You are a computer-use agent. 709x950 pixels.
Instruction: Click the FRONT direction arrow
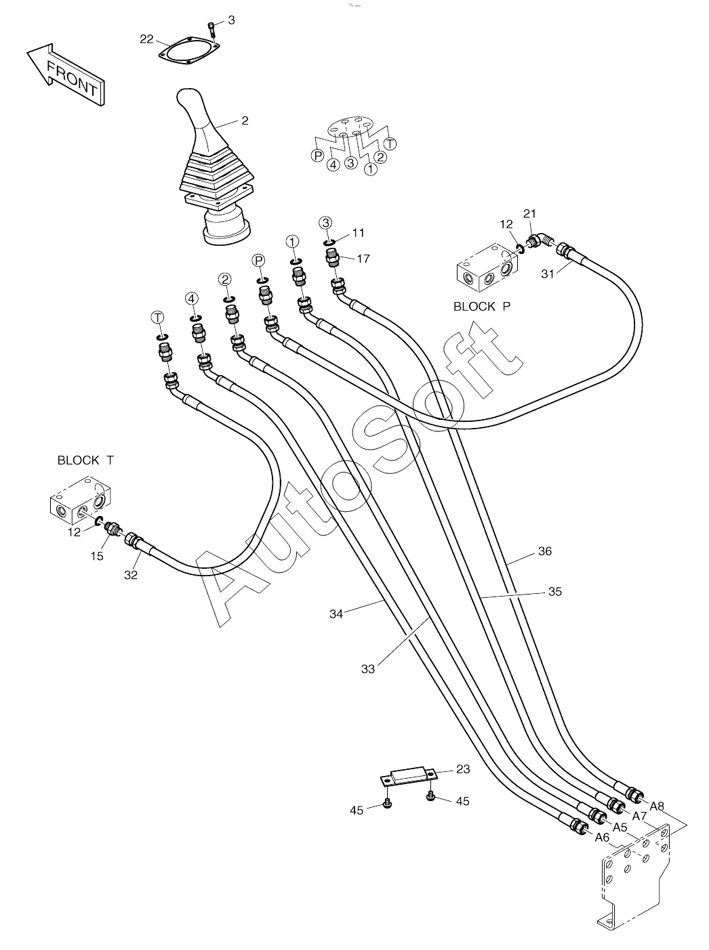[x=66, y=74]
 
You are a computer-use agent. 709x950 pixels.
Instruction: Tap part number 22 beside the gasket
[x=146, y=39]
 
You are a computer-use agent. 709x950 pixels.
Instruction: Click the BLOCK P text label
[x=482, y=307]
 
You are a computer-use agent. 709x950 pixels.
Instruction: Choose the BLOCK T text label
[x=86, y=460]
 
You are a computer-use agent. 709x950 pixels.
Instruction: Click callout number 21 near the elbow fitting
[x=529, y=214]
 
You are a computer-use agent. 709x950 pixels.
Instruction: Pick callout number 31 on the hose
[x=548, y=274]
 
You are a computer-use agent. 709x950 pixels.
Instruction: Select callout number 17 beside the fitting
[x=363, y=259]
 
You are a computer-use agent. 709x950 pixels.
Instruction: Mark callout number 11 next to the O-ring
[x=358, y=233]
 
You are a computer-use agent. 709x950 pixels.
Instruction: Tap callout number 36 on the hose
[x=545, y=551]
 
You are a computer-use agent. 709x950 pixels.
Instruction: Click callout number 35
[x=555, y=592]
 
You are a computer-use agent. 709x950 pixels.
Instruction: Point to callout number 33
[x=367, y=669]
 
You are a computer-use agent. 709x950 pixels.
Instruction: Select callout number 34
[x=336, y=614]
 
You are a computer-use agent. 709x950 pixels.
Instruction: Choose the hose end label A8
[x=657, y=806]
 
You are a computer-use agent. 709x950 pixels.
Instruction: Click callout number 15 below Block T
[x=97, y=556]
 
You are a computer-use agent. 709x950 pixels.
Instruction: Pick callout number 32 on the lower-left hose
[x=130, y=575]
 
